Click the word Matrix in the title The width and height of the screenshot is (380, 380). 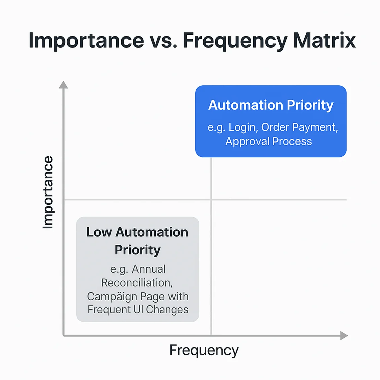click(324, 40)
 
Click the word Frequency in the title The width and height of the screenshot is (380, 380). click(235, 41)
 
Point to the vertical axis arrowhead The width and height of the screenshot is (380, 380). click(63, 84)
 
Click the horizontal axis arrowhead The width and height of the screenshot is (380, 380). click(344, 335)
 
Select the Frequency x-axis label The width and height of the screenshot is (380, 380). click(204, 351)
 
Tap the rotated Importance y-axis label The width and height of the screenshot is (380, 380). click(48, 192)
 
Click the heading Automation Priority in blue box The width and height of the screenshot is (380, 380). click(271, 105)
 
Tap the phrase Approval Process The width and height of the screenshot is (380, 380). click(269, 142)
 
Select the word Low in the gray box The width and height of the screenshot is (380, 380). click(99, 232)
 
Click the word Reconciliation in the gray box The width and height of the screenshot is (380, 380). click(137, 283)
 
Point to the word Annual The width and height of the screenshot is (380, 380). click(149, 269)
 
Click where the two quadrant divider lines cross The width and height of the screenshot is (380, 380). click(211, 199)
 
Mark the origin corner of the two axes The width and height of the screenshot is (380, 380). click(64, 335)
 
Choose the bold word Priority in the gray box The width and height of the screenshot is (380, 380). click(137, 250)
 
